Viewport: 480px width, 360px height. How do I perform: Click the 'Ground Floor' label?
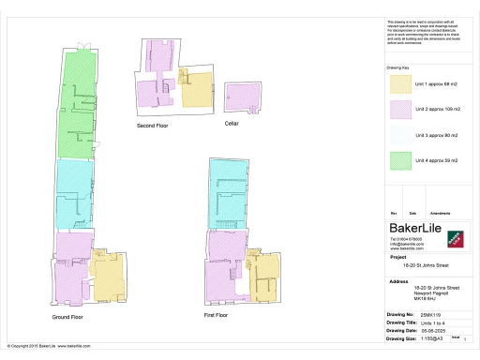pyautogui.click(x=68, y=317)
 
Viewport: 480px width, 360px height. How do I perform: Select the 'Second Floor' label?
pyautogui.click(x=151, y=125)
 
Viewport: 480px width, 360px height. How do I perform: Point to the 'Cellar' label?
pyautogui.click(x=231, y=123)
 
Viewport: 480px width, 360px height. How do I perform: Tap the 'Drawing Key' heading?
pyautogui.click(x=398, y=68)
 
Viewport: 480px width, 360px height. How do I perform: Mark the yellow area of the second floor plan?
pyautogui.click(x=195, y=89)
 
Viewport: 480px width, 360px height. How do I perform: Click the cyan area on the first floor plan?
pyautogui.click(x=228, y=192)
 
